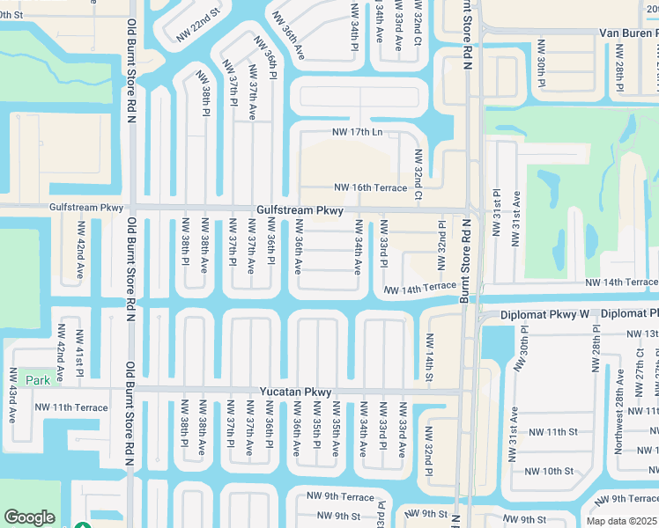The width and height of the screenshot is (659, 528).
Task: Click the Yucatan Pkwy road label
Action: (294, 392)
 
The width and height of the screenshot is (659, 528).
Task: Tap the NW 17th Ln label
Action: (357, 133)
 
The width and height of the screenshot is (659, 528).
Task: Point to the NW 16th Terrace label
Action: (370, 187)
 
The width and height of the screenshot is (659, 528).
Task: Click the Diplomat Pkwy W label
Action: (544, 313)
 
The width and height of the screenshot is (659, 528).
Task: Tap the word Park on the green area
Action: (38, 380)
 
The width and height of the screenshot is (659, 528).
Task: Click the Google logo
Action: (29, 517)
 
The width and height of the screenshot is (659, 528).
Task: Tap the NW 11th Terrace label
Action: (71, 407)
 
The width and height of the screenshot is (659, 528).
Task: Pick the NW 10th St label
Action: (551, 471)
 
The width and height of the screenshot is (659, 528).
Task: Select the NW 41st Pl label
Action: (78, 354)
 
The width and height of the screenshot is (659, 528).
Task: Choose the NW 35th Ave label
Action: (336, 428)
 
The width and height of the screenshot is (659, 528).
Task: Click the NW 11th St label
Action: (551, 432)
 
